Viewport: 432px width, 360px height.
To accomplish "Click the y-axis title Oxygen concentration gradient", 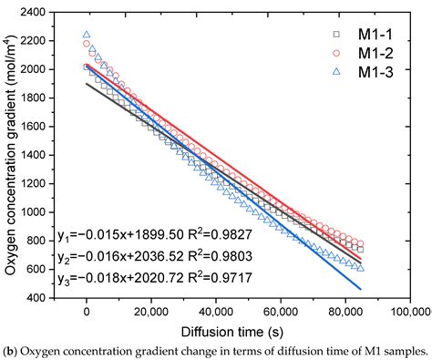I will [x=11, y=155].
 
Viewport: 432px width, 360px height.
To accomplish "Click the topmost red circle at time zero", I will [x=87, y=44].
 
